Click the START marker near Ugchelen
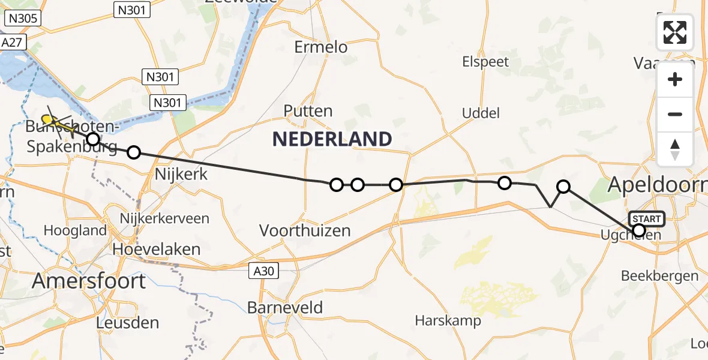click(646, 218)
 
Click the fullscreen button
click(675, 32)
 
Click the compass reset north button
click(675, 149)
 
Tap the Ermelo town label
click(321, 47)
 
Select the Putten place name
click(308, 111)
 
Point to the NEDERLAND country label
click(332, 139)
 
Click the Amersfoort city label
click(89, 281)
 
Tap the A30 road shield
click(263, 272)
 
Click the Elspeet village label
click(485, 62)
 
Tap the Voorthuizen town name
click(305, 230)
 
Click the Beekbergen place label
click(660, 276)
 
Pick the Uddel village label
click(481, 113)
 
